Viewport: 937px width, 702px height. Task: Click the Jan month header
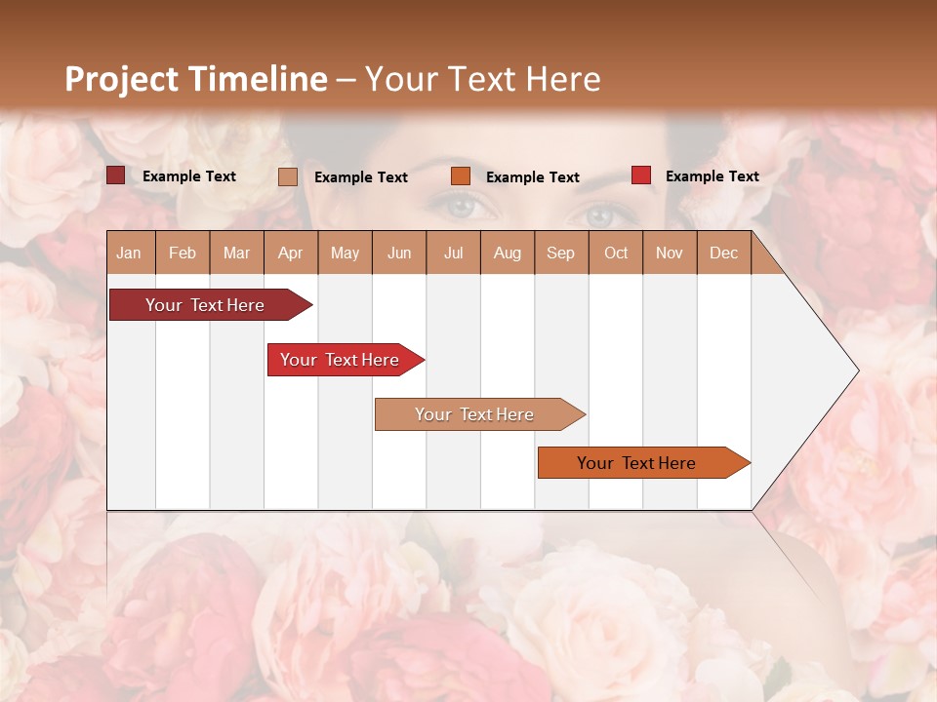coord(130,253)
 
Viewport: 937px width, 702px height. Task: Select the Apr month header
coord(291,253)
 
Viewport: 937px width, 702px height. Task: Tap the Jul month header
coord(453,253)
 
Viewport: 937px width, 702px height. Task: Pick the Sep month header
coord(560,253)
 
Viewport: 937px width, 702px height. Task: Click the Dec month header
coord(723,253)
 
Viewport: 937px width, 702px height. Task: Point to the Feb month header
coord(183,253)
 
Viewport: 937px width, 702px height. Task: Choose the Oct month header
coord(616,253)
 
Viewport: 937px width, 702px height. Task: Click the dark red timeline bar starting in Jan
coord(205,305)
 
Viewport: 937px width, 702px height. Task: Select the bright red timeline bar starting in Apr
coord(340,360)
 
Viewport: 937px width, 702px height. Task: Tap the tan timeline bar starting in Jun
coord(474,414)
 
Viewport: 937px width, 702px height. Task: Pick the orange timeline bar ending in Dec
coord(636,463)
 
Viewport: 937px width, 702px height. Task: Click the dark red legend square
coord(115,175)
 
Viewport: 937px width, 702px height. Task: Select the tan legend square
coord(287,176)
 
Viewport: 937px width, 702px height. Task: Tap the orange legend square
coord(461,176)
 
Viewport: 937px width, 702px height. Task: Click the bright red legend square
coord(640,175)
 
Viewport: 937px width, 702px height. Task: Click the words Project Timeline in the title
coord(195,79)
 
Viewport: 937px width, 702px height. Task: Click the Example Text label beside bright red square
coord(712,176)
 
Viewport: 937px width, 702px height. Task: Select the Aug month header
coord(508,253)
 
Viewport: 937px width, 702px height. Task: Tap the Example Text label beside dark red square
coord(189,176)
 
